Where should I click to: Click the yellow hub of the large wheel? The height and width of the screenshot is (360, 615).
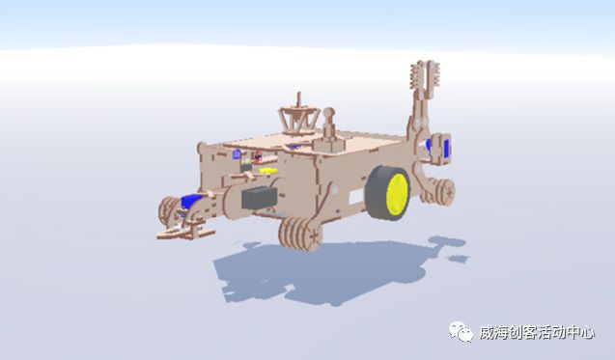[397, 195]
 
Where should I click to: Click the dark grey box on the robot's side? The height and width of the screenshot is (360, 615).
[260, 197]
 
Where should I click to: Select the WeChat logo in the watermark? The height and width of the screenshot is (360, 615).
[461, 332]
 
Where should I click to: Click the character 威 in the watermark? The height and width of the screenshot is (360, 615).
[488, 333]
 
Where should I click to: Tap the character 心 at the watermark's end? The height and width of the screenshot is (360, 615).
[586, 333]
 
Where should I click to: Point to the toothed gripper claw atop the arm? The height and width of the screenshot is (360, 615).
[425, 77]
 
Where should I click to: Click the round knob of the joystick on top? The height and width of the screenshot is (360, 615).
[328, 114]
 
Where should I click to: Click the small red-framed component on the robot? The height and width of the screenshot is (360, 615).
[257, 156]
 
